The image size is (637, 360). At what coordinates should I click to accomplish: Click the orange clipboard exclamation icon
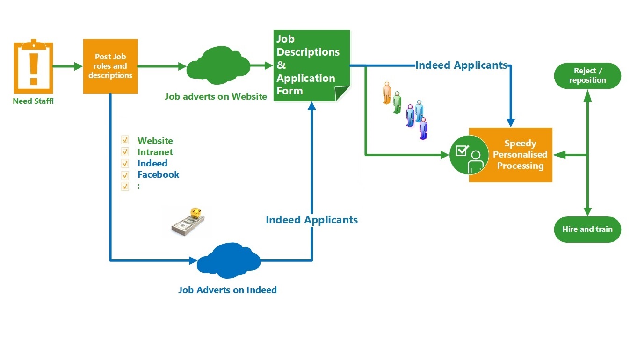click(x=34, y=66)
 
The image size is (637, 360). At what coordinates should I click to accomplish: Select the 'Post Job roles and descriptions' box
click(x=110, y=66)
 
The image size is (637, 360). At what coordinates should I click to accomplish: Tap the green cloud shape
click(x=218, y=65)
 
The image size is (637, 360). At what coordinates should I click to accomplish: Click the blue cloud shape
click(x=229, y=260)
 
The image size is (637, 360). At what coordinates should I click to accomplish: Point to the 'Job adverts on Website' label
click(x=216, y=96)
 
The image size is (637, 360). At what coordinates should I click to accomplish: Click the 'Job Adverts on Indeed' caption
click(x=227, y=290)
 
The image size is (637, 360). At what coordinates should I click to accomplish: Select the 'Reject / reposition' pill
click(x=587, y=76)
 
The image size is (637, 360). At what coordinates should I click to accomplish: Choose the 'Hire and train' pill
click(x=587, y=229)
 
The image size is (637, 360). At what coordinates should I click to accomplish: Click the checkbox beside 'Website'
click(x=125, y=140)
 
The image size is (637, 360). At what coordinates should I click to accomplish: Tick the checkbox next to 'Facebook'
click(x=125, y=174)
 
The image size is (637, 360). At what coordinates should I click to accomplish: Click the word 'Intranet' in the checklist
click(x=155, y=152)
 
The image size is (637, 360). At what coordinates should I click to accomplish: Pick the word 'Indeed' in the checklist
click(x=152, y=163)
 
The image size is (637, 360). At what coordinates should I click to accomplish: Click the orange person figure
click(x=387, y=93)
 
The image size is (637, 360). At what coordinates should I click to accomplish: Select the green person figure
click(x=397, y=102)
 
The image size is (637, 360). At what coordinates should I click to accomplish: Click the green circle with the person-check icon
click(x=469, y=155)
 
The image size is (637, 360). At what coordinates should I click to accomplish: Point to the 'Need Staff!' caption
click(x=33, y=101)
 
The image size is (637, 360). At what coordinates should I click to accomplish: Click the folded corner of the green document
click(x=341, y=93)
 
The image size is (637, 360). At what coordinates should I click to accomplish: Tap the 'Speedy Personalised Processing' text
click(x=520, y=154)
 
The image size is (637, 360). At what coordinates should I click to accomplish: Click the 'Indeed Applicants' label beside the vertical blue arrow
click(x=311, y=220)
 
